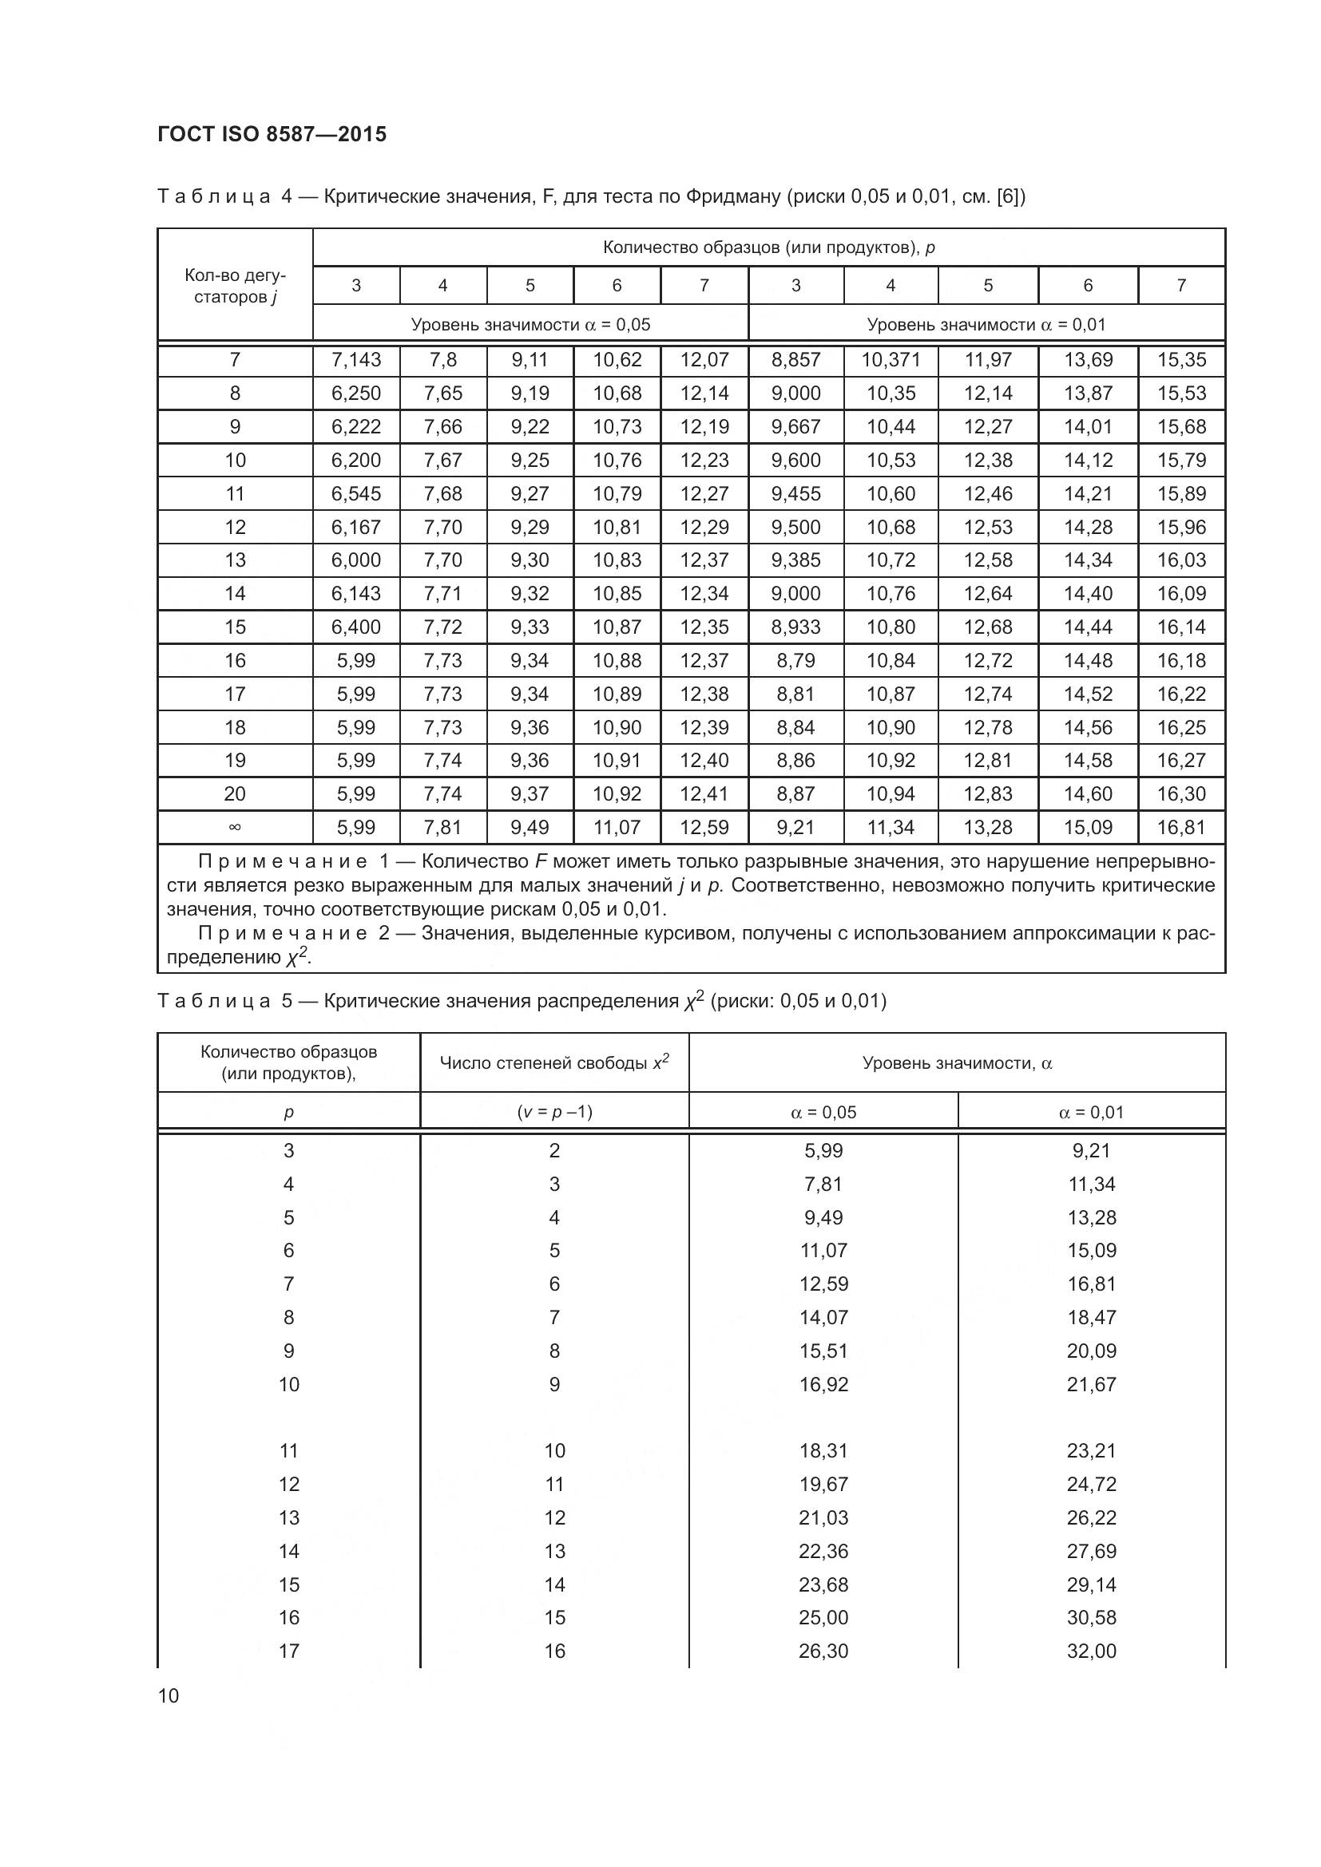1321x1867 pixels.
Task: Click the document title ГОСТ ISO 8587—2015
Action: tap(272, 134)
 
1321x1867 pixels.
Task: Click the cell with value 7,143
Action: tap(356, 359)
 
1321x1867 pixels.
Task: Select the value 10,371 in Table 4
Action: tap(891, 359)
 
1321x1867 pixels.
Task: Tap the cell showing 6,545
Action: tap(356, 493)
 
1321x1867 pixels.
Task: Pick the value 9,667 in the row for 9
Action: tap(795, 427)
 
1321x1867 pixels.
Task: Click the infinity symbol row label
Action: tap(235, 828)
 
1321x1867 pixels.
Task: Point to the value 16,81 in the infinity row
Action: tap(1181, 828)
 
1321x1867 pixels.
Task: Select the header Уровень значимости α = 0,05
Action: tap(530, 324)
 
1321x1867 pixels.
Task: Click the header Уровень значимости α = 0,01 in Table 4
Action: tap(986, 324)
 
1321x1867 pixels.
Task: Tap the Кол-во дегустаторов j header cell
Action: tap(235, 286)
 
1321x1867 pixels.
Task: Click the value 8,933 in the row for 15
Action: tap(795, 627)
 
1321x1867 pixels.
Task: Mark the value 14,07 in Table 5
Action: tap(823, 1317)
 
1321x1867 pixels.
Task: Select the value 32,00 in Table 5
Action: tap(1092, 1651)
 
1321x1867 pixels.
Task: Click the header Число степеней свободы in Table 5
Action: tap(554, 1062)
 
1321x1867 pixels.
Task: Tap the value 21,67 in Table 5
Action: tap(1092, 1384)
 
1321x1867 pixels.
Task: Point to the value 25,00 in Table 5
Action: tap(823, 1617)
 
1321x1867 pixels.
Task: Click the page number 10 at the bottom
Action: tap(169, 1695)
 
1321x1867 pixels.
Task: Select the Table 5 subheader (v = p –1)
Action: tap(554, 1112)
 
